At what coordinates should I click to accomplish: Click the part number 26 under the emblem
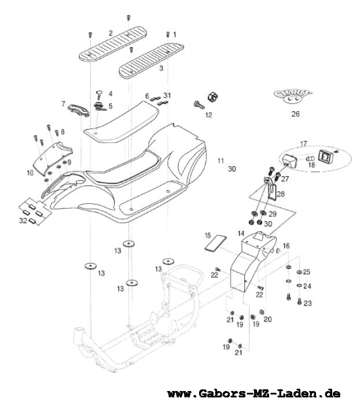point(295,114)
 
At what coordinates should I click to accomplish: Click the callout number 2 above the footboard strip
point(110,32)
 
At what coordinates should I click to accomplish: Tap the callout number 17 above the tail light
point(302,143)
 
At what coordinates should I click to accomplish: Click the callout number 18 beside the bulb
point(312,165)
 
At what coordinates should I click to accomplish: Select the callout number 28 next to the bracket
point(281,194)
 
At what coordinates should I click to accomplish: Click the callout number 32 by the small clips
point(23,221)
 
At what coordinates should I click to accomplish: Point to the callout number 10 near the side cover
point(30,173)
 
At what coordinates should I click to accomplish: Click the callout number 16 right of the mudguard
point(285,246)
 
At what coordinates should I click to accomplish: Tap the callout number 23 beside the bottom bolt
point(307,303)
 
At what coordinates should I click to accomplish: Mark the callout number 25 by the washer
point(307,272)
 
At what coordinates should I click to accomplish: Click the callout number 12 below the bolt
point(208,115)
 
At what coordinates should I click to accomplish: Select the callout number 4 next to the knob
point(110,94)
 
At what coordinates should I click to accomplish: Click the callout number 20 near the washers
point(267,320)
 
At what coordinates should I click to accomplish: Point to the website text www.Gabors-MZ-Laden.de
point(254,394)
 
